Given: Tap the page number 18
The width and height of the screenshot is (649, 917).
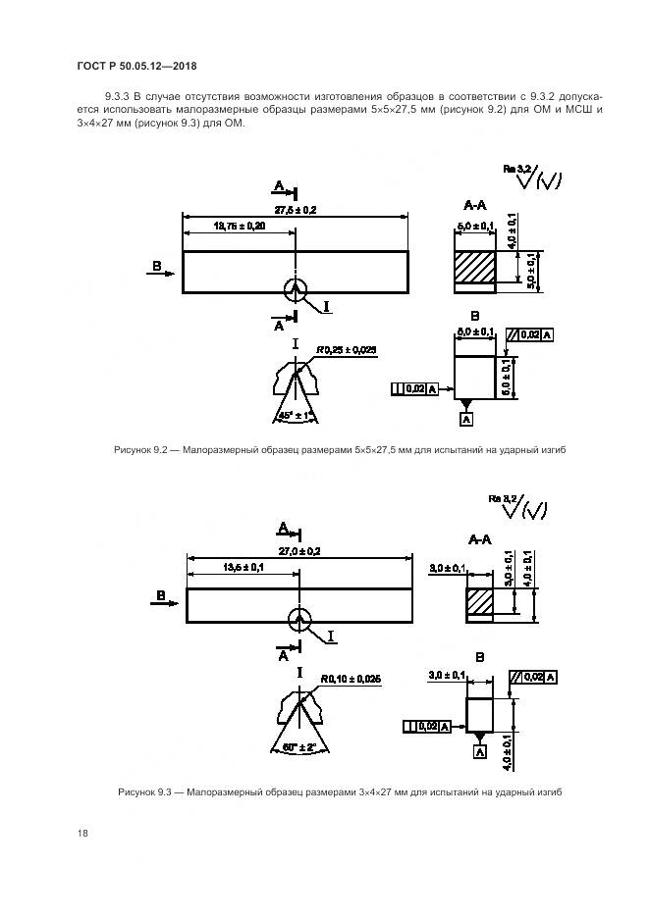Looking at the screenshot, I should [82, 833].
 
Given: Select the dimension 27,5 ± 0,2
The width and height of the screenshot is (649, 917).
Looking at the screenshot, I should [295, 211].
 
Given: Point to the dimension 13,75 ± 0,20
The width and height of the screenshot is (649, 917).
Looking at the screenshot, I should [239, 227].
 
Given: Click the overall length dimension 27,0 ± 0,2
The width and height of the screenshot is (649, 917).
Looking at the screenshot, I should [298, 551].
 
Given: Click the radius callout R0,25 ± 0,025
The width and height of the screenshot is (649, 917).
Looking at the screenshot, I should [347, 350].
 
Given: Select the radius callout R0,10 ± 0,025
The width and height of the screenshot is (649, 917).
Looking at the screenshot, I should [349, 679].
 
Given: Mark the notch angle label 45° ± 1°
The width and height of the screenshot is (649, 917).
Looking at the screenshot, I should [295, 417].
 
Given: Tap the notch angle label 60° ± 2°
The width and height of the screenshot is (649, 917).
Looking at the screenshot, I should [295, 746].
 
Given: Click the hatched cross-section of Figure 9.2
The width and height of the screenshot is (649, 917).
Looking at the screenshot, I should [476, 268].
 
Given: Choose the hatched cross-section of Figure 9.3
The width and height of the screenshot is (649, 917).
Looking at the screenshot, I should [479, 600].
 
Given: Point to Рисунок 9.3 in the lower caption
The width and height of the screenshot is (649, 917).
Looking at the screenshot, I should [144, 791].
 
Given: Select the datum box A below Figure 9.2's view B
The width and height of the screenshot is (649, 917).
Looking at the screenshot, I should [465, 419].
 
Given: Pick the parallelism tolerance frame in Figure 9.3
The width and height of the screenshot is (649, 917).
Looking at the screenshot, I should [533, 678].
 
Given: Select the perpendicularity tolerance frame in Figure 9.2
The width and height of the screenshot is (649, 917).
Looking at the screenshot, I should [407, 389].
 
